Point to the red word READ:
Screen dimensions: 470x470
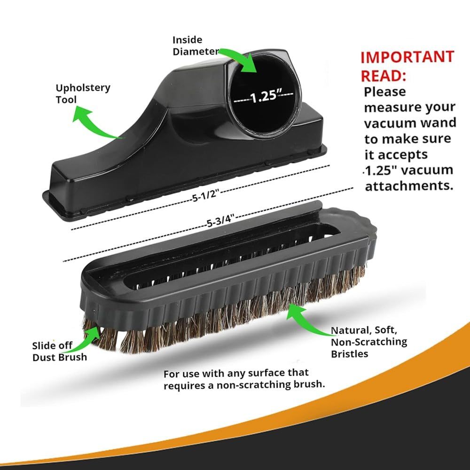pos(384,76)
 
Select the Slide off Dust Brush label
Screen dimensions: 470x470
pos(59,351)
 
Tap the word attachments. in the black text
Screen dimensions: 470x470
pos(409,185)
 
